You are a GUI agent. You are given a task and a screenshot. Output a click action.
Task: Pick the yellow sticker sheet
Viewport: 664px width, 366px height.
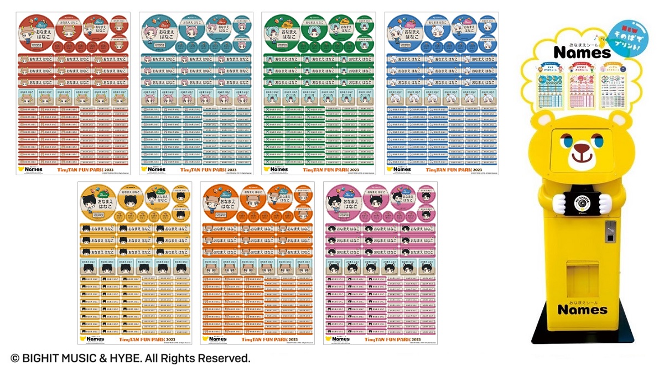pos(134,263)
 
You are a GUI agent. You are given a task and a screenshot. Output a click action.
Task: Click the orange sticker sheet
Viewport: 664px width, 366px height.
pos(258,263)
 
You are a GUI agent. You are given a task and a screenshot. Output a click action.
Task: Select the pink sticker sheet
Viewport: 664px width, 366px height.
pos(380,263)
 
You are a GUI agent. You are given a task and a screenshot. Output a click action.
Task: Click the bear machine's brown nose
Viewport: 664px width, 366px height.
pos(581,149)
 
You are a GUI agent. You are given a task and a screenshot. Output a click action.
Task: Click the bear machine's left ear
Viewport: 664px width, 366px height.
pos(544,121)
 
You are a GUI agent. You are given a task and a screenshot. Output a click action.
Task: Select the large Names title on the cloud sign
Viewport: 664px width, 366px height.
pos(582,53)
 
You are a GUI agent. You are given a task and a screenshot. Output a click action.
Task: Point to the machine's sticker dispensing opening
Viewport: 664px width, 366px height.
pos(582,271)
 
